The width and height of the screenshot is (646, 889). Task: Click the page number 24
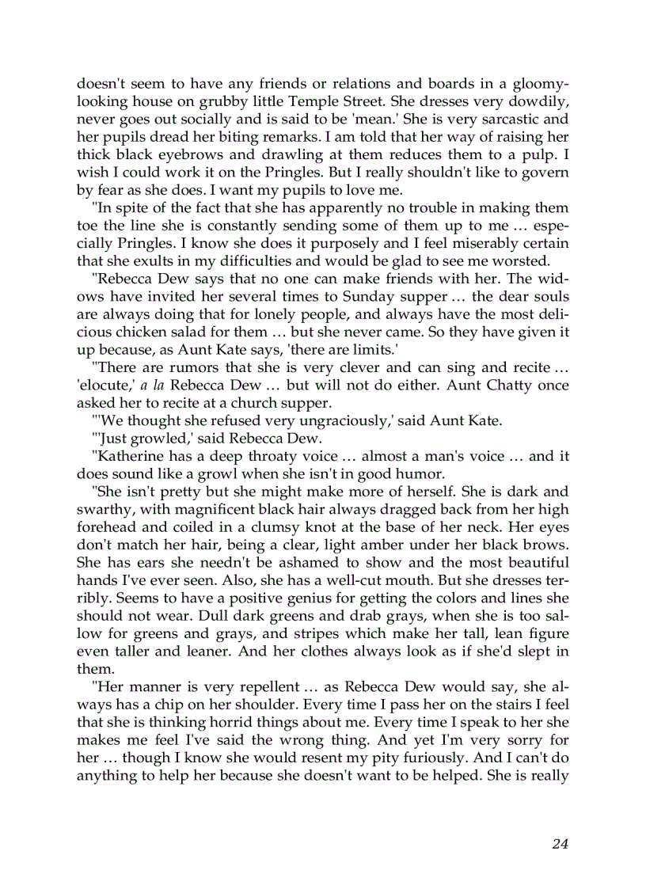coord(560,844)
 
